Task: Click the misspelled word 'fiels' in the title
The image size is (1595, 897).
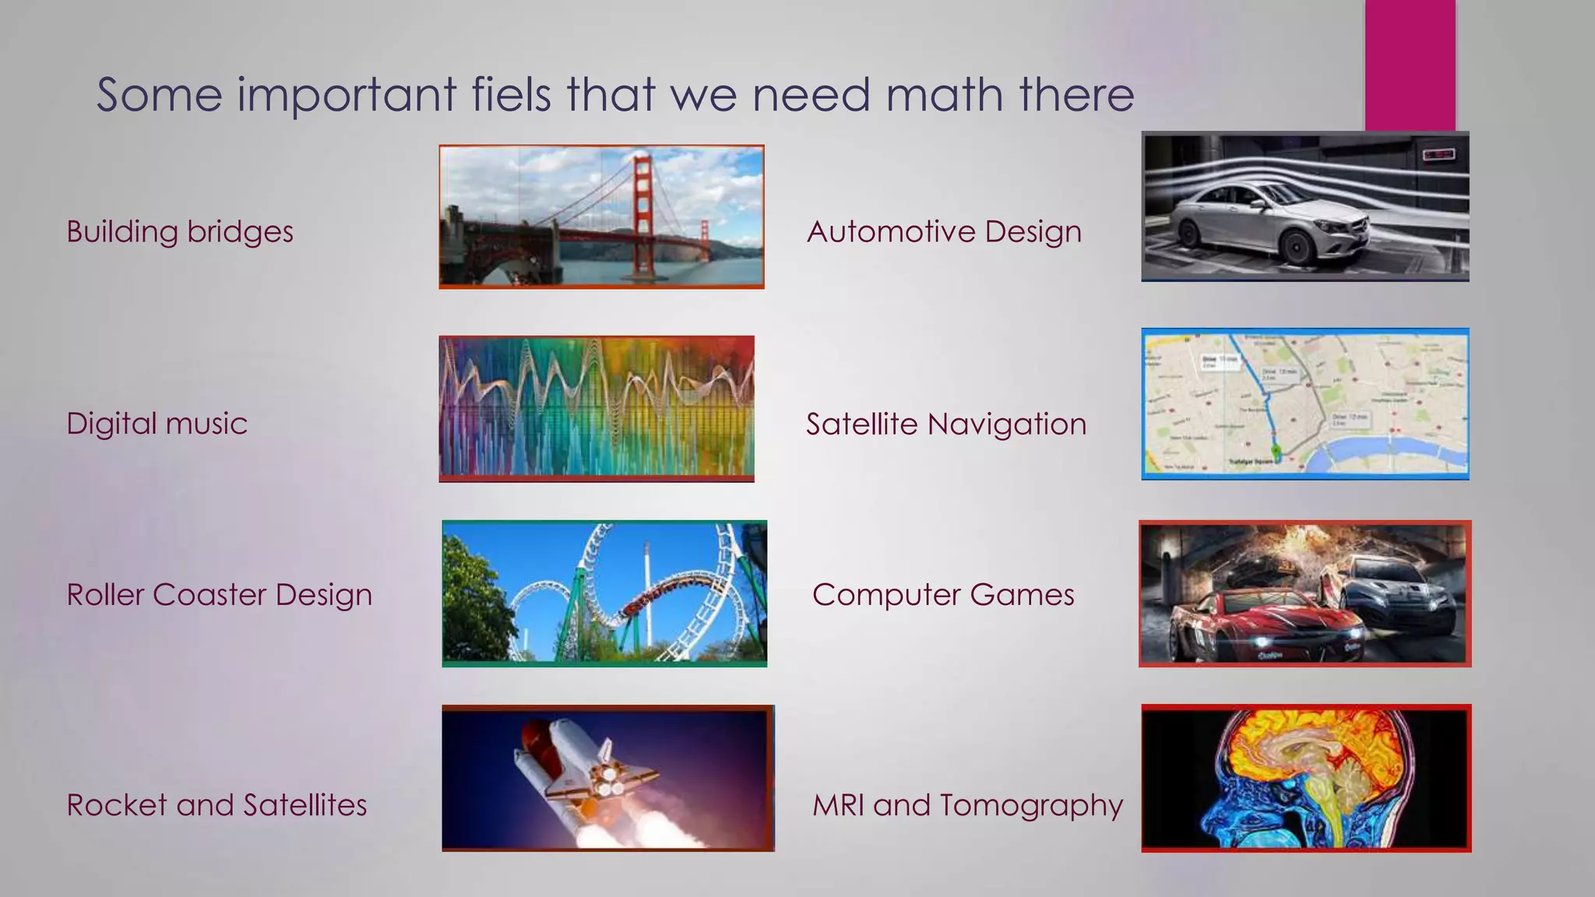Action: click(511, 94)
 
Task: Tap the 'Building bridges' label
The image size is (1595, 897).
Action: click(180, 232)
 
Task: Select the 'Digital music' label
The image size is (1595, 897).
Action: click(157, 424)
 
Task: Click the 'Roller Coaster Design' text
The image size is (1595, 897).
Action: click(219, 595)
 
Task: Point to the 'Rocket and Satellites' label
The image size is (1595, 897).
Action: click(217, 805)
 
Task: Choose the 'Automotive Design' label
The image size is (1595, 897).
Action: click(944, 232)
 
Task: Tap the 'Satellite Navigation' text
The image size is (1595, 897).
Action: click(945, 424)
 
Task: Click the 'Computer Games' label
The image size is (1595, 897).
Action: click(943, 595)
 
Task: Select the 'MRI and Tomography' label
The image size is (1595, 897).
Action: click(967, 805)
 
